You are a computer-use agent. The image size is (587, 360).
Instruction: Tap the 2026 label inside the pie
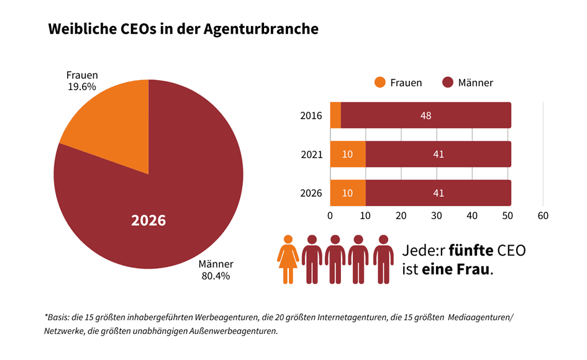[x=148, y=220]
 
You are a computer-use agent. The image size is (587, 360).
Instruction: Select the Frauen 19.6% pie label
[x=82, y=81]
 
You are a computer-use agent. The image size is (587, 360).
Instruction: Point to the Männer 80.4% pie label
[x=215, y=269]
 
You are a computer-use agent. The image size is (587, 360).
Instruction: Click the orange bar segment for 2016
[x=335, y=115]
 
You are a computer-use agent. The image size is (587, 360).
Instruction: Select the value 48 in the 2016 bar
[x=425, y=115]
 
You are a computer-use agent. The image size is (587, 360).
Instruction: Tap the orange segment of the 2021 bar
[x=348, y=154]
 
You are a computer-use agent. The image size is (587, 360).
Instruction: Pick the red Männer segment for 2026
[x=439, y=193]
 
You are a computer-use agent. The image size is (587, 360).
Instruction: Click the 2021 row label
[x=311, y=155]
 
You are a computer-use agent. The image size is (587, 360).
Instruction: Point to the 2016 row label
[x=311, y=115]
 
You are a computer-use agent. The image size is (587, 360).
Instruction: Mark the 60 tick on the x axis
[x=543, y=215]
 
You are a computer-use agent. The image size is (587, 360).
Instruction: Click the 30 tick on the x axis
[x=437, y=215]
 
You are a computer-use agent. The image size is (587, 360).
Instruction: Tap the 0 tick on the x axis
[x=330, y=215]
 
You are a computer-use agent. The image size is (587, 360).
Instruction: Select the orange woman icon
[x=288, y=259]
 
